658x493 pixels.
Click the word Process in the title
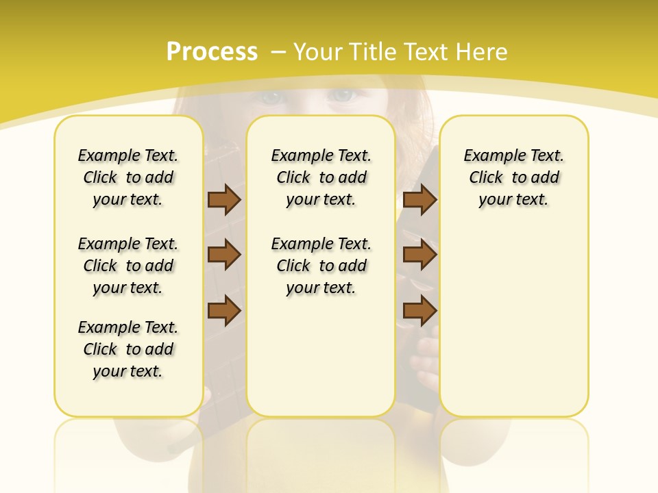[x=212, y=51]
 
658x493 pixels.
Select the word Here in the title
[x=483, y=51]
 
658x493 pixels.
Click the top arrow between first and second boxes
[x=224, y=199]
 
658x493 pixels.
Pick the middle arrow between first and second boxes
[x=224, y=255]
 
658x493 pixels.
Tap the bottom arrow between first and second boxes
[x=224, y=311]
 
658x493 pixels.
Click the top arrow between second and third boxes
[x=420, y=199]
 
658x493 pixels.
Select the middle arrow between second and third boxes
[x=420, y=255]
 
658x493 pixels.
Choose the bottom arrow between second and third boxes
[x=420, y=311]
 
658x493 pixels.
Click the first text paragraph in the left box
[x=128, y=177]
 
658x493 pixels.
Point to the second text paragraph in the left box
[x=128, y=266]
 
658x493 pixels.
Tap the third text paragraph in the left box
[x=128, y=349]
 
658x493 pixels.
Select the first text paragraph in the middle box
[x=321, y=177]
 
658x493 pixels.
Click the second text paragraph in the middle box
[x=321, y=266]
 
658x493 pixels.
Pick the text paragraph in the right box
[x=514, y=177]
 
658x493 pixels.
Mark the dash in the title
[x=278, y=51]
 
